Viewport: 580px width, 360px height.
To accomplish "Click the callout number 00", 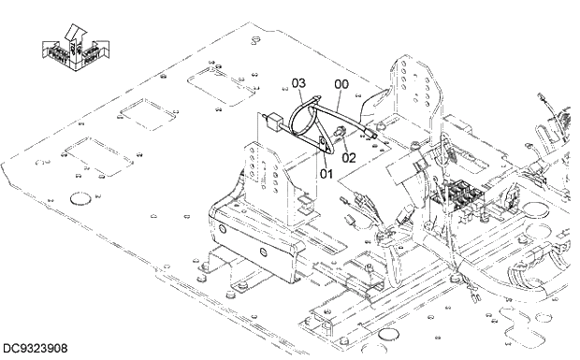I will [341, 84].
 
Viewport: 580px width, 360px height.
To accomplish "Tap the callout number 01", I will [326, 173].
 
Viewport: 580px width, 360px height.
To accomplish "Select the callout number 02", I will [349, 158].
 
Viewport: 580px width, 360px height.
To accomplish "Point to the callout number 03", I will [298, 84].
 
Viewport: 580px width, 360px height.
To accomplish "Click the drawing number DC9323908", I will [35, 349].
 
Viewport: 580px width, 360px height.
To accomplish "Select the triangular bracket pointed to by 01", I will [325, 145].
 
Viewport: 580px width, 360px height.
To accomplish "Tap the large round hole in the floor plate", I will [81, 197].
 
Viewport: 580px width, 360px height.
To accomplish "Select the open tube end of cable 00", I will [376, 136].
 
